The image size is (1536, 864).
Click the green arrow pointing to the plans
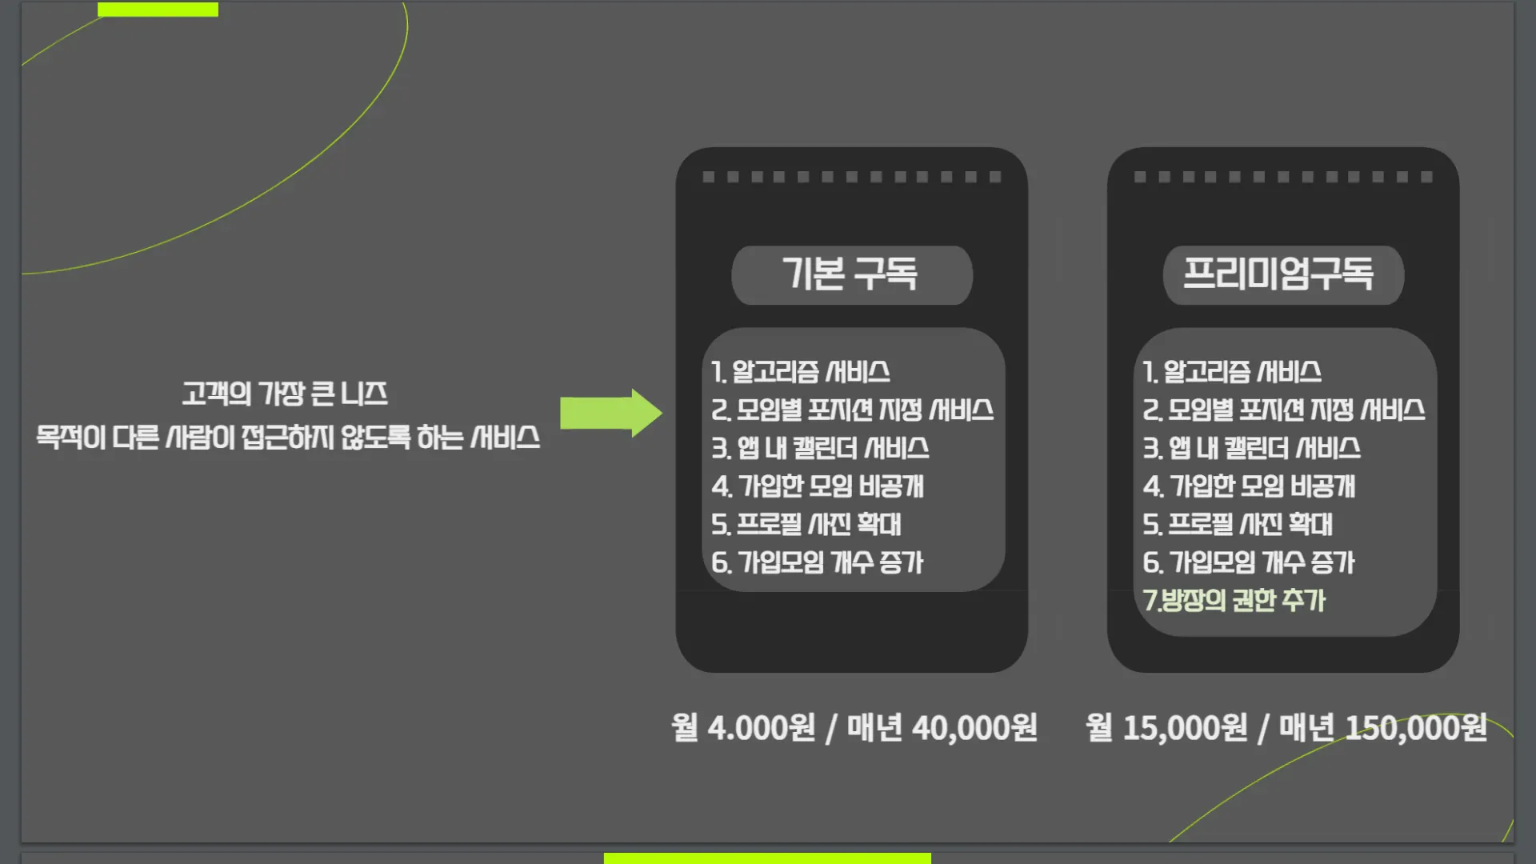(610, 413)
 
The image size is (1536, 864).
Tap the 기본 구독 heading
(850, 274)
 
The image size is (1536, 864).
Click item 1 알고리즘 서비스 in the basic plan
(801, 372)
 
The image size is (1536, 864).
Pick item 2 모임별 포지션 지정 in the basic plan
(853, 410)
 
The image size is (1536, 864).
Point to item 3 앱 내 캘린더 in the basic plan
(821, 448)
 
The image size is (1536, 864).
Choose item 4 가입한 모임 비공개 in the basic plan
(818, 486)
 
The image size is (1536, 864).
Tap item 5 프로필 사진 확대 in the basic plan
(806, 525)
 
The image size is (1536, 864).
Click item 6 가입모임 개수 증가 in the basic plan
(818, 562)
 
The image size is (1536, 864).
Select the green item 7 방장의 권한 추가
(1234, 601)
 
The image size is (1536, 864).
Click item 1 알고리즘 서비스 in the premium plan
(1232, 372)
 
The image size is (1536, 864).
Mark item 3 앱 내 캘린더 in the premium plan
(1252, 448)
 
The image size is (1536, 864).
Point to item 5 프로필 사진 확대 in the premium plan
(1238, 525)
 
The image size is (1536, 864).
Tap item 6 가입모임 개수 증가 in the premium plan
(1249, 562)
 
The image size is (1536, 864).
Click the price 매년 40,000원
(942, 728)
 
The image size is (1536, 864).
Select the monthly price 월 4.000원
(743, 728)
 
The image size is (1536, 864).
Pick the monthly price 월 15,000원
(1166, 728)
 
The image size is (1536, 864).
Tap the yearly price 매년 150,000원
(1383, 728)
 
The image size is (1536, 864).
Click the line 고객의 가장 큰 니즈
(285, 394)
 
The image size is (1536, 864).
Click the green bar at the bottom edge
(766, 858)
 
